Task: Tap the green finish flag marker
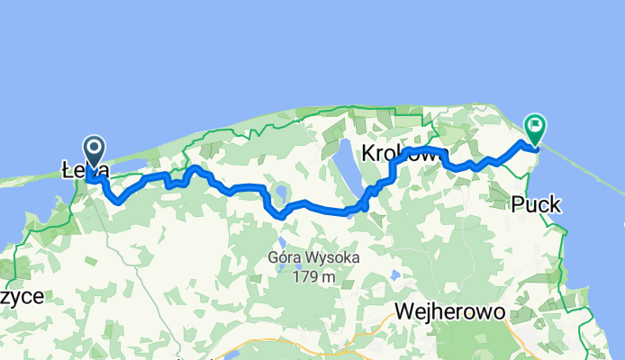(x=535, y=127)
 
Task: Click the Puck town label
(x=536, y=205)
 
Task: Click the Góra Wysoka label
(x=313, y=258)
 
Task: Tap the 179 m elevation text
(x=313, y=276)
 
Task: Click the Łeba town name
(x=86, y=169)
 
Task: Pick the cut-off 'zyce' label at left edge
(x=22, y=296)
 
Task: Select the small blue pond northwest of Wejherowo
(x=394, y=274)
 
